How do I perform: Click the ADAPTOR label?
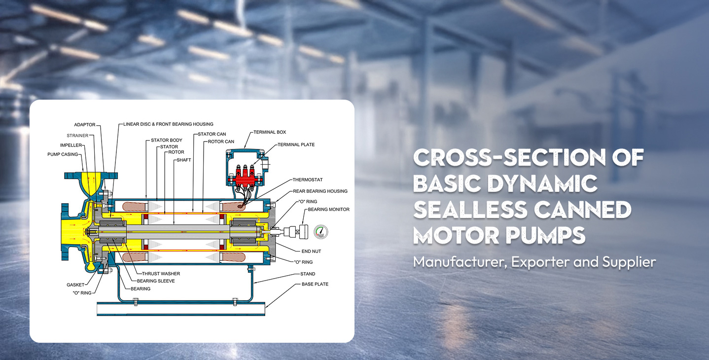pos(84,125)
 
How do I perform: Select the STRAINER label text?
pos(77,136)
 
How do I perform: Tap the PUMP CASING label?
pos(63,154)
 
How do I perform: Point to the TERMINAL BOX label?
pos(270,132)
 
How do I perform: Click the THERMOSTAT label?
pos(307,180)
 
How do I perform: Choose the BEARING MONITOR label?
pos(328,209)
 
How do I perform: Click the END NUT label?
pos(311,251)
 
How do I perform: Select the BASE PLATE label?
pos(315,284)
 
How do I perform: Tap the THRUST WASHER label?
pos(161,274)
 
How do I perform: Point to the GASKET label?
pos(75,285)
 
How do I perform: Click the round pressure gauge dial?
pos(321,232)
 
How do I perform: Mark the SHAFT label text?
pos(183,160)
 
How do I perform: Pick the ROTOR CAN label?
pos(221,142)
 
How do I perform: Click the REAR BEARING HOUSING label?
pos(320,191)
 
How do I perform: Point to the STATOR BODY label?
pos(167,140)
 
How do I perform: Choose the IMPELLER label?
pos(71,145)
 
